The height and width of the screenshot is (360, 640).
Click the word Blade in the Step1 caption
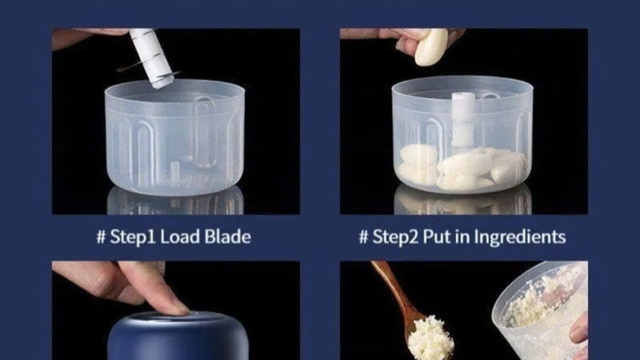[x=228, y=237]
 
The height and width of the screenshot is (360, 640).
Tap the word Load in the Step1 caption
[x=180, y=237]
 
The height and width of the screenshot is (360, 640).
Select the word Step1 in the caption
[x=133, y=237]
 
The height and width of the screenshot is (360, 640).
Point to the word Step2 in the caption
[x=395, y=237]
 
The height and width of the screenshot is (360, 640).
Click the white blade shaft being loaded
[x=151, y=57]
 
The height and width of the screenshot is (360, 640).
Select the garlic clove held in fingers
[x=431, y=46]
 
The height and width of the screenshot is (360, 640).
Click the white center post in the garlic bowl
[x=463, y=119]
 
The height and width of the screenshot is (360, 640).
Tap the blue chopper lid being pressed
[x=178, y=336]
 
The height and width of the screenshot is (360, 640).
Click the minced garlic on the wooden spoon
[x=430, y=338]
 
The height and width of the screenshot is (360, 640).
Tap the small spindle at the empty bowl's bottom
[x=175, y=169]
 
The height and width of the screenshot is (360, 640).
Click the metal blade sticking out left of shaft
[x=132, y=67]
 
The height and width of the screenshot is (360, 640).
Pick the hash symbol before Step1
[x=101, y=237]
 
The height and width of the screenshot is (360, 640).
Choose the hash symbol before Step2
[x=364, y=237]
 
